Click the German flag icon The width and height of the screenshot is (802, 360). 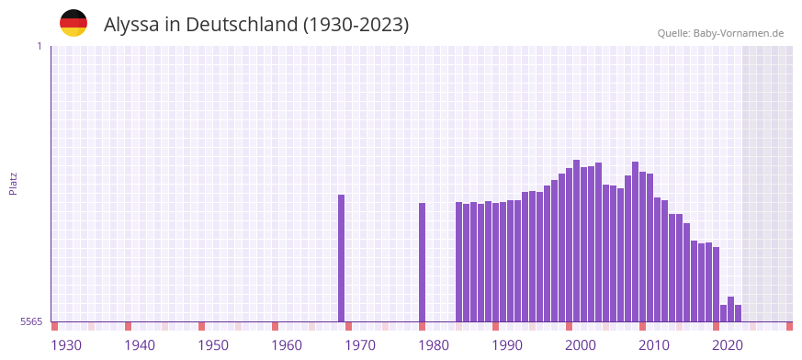pos(73,24)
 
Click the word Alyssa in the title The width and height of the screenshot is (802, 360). pos(131,25)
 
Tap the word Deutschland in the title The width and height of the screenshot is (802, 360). pos(242,25)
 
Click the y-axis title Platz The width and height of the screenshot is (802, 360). pos(13,184)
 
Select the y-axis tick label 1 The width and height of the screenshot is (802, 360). pos(39,46)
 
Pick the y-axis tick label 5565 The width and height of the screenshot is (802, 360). pos(30,322)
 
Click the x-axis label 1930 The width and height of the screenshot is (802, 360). pos(66,345)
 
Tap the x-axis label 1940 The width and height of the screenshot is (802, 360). pos(140,345)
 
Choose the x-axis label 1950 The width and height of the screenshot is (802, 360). pos(213,345)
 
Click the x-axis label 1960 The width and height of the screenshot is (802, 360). pos(287,345)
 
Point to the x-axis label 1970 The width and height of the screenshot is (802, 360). pos(360,345)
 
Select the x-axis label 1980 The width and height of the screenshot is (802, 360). pos(434,345)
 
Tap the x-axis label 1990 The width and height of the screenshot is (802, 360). pos(507,345)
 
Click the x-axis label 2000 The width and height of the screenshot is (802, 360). pos(581,345)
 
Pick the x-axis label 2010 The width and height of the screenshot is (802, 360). pos(654,345)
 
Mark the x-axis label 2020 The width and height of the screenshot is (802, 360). pos(728,345)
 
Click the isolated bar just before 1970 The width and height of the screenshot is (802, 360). pos(342,258)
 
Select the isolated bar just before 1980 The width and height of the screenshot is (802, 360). pos(423,262)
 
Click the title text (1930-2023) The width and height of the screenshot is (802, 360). pos(356,25)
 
